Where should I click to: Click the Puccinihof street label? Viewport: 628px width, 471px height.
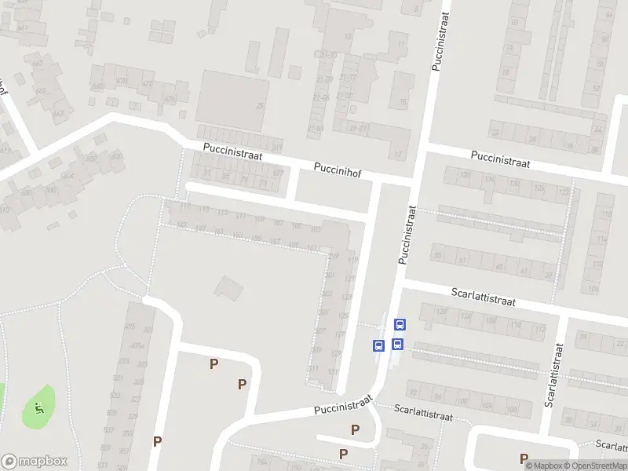[338, 168]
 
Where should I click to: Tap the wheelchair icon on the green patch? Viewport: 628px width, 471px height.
[38, 407]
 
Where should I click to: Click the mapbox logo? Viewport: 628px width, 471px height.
[35, 462]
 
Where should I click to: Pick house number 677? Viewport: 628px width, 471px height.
[277, 173]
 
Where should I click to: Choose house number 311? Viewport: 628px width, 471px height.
[314, 369]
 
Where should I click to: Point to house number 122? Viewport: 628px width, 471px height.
[563, 192]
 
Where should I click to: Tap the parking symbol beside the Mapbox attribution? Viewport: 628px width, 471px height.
[524, 458]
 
